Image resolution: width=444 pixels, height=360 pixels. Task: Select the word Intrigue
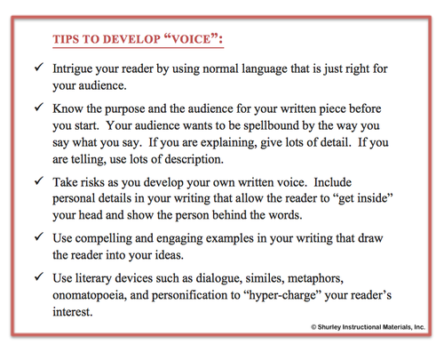[83, 69]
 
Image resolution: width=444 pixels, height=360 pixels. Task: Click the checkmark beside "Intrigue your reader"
[36, 69]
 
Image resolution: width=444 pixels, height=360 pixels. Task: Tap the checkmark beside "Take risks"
[36, 191]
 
